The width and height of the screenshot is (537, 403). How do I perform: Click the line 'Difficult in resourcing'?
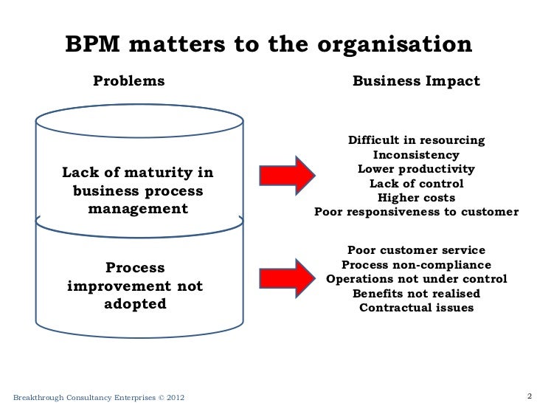(x=416, y=140)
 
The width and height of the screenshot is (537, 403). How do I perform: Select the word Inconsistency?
(x=416, y=155)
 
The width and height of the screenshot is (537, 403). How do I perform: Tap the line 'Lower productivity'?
(x=416, y=169)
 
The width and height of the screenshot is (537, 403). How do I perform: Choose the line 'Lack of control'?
(x=416, y=184)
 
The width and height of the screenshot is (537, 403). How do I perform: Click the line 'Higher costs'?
(x=416, y=198)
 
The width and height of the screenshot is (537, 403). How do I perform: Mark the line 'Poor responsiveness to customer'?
(x=416, y=213)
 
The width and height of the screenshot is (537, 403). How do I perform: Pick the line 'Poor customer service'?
(x=416, y=250)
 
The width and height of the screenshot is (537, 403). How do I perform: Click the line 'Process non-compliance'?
(x=416, y=265)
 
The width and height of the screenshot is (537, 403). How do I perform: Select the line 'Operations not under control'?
(x=416, y=280)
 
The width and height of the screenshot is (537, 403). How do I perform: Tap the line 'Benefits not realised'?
(x=416, y=294)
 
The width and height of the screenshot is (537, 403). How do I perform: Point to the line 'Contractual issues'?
(x=416, y=308)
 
